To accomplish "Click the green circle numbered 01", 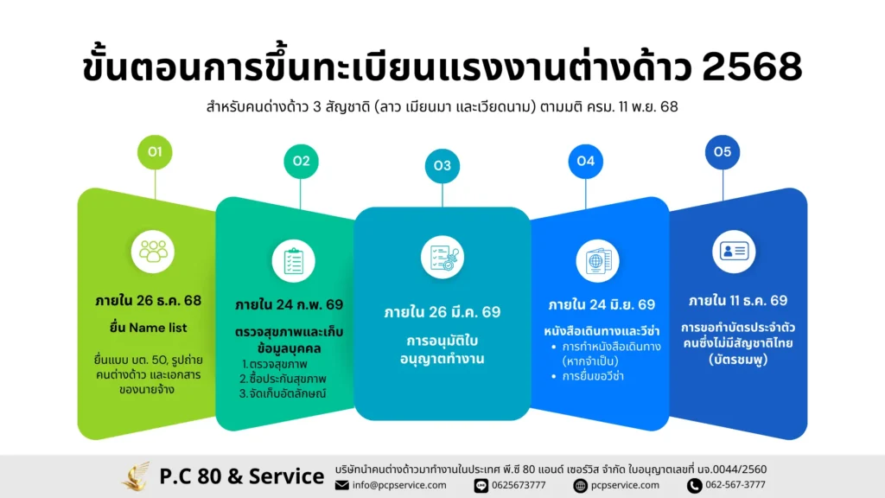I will pos(156,152).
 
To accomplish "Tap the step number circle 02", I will pos(301,161).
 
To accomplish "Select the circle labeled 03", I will pos(442,165).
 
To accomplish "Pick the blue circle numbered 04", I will pos(585,161).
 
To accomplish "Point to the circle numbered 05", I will pos(723,152).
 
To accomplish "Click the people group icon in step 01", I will pos(155,251).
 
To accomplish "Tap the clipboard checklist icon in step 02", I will pos(294,260).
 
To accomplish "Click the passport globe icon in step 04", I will pos(599,260).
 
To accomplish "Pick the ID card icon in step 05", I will pos(734,252).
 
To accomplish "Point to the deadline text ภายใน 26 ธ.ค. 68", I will pos(149,301).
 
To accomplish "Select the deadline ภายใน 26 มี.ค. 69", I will pos(442,312).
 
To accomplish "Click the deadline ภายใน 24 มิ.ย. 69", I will pos(602,304).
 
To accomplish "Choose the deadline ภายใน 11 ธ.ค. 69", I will pos(738,301).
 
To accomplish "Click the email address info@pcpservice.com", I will pos(399,485).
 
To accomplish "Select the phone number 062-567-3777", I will pos(735,485).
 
